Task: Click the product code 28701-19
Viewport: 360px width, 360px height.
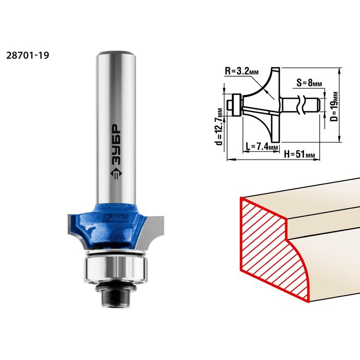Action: click(28, 56)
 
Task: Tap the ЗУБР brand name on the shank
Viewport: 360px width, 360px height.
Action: click(116, 145)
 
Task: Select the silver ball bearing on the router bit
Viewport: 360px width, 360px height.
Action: click(115, 268)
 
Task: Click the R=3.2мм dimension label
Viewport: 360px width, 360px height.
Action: click(242, 71)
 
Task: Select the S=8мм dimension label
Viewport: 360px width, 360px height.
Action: click(309, 83)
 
